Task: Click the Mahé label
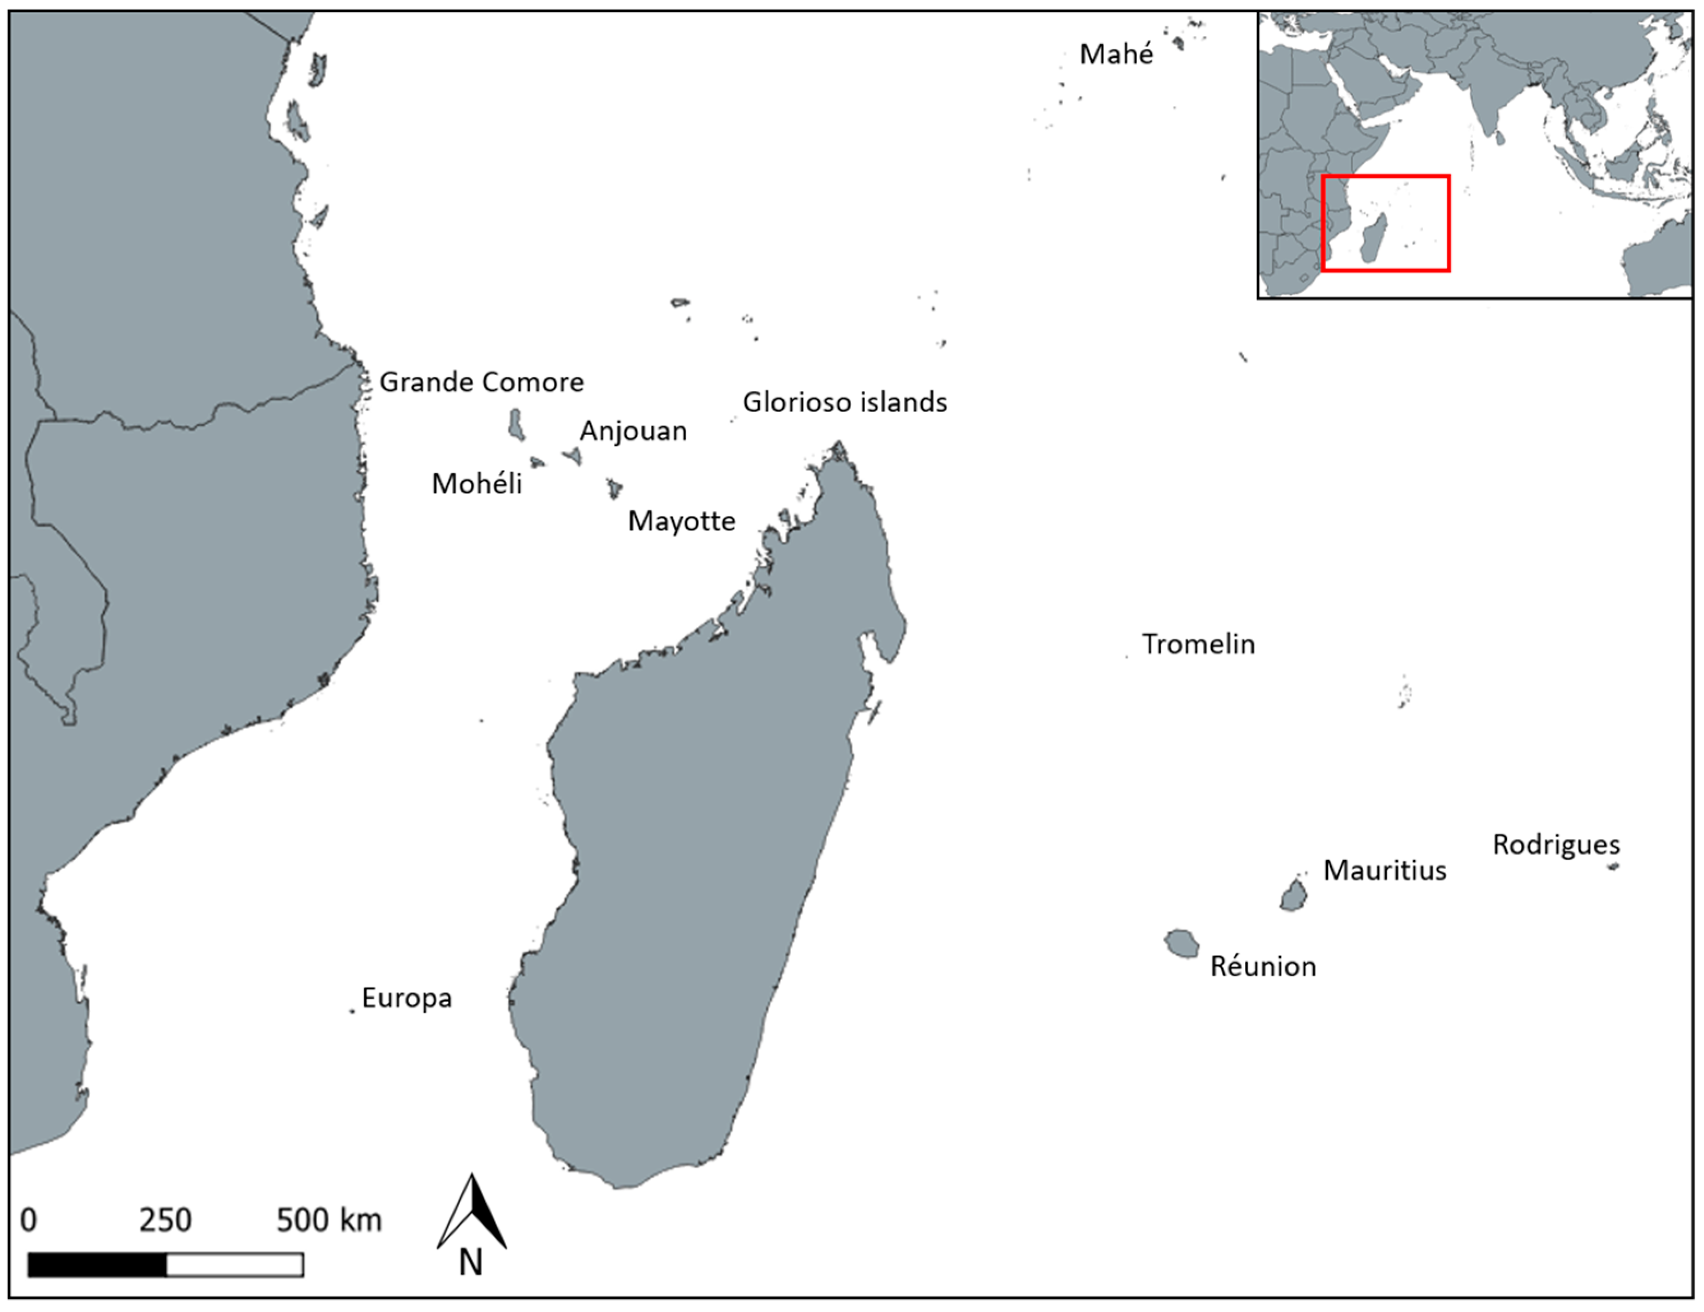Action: pos(1116,55)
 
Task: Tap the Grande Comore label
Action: pos(481,382)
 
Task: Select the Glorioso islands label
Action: pos(844,402)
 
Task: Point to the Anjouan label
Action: pos(633,431)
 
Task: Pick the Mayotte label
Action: pos(681,521)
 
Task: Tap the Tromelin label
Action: pos(1197,645)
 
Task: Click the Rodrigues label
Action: pos(1556,845)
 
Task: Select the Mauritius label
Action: pos(1384,870)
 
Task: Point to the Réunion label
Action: pos(1262,967)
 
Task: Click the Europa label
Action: pos(407,998)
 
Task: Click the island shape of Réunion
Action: pos(1181,944)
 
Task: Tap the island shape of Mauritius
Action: pos(1293,896)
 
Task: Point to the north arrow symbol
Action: pos(472,1213)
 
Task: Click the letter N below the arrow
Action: pos(470,1263)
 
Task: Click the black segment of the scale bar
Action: pos(98,1265)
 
